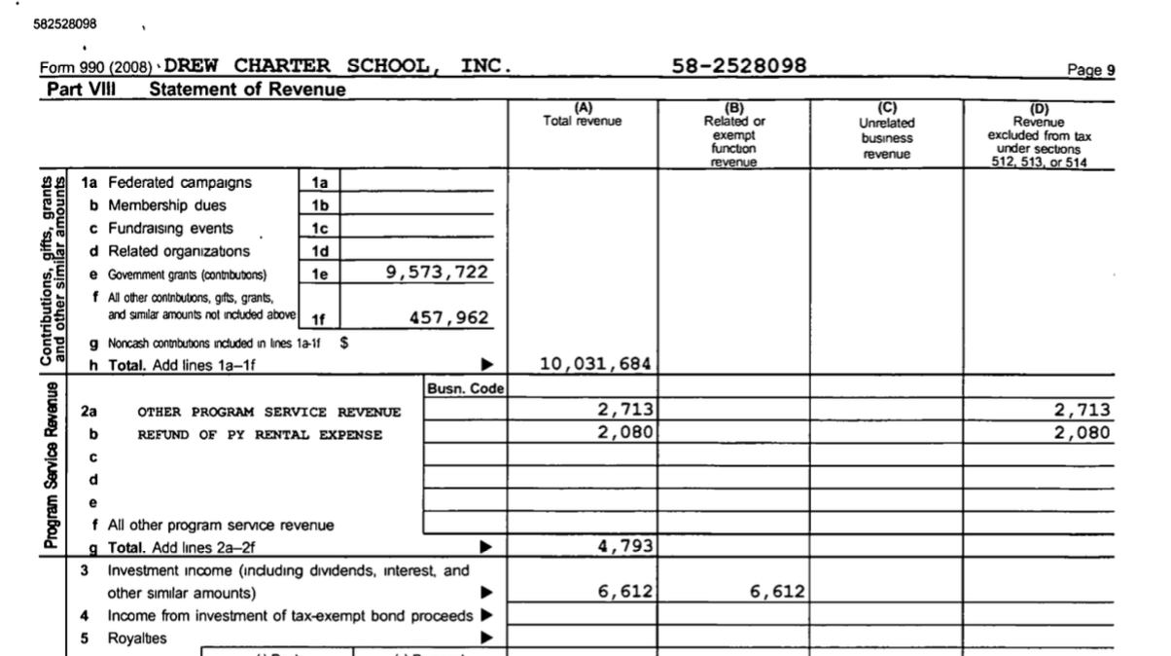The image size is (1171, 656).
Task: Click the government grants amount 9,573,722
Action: click(437, 273)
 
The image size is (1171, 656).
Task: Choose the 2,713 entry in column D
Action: click(1082, 409)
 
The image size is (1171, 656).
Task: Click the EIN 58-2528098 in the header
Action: click(740, 66)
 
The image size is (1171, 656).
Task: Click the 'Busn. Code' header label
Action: click(463, 388)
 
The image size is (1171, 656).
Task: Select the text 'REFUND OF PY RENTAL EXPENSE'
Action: click(260, 435)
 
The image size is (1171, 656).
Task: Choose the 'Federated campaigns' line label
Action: click(180, 183)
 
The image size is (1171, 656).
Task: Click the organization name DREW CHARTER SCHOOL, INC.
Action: click(338, 66)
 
